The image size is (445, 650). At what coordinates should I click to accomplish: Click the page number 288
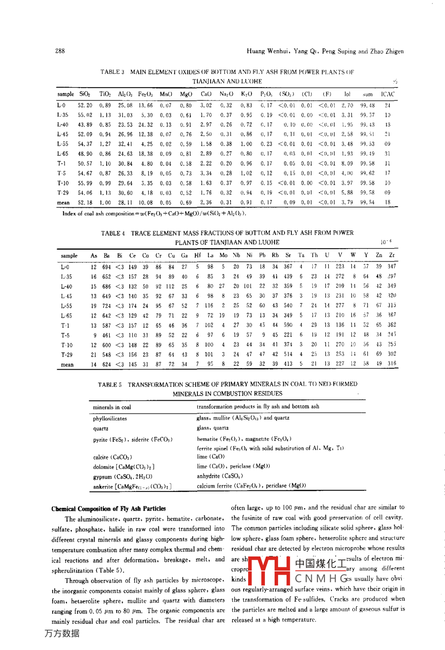coord(60,51)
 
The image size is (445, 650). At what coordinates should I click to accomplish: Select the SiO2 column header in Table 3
coord(85,94)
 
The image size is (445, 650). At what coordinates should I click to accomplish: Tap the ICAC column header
coord(388,94)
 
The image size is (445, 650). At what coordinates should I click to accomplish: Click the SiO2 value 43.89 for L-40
coord(85,125)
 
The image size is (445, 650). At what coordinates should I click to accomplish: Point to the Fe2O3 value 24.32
coord(145,125)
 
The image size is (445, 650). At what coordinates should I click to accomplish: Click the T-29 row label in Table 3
coord(63,193)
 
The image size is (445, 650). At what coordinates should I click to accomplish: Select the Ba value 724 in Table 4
coord(107,306)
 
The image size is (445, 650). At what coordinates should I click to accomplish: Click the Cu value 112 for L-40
coord(170,286)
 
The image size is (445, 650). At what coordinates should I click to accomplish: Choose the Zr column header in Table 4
coord(391,256)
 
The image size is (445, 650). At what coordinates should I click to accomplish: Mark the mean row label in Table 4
coord(67,365)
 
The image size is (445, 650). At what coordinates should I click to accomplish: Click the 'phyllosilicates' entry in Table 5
coord(110,419)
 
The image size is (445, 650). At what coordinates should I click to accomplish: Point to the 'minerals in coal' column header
coord(112,407)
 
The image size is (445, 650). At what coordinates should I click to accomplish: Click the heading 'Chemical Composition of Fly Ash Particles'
coord(109,509)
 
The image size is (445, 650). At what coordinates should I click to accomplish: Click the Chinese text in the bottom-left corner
coord(62,634)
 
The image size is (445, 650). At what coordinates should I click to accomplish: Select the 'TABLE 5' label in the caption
coord(109,384)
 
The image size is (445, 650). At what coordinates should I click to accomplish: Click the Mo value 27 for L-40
coord(222,286)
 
